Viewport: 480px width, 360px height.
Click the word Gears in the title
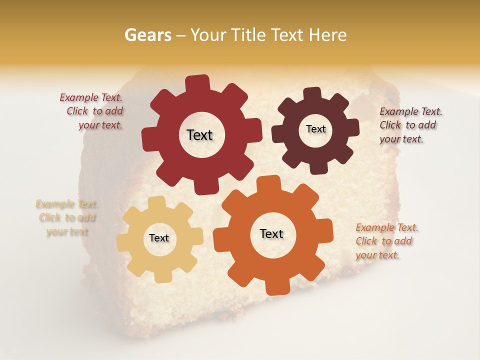coord(147,35)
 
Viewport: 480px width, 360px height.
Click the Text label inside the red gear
coord(199,135)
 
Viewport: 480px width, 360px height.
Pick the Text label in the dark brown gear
coord(315,129)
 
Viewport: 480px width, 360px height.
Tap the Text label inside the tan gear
coord(159,238)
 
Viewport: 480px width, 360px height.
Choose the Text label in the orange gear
coord(271,233)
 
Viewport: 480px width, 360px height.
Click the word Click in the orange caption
coord(366,241)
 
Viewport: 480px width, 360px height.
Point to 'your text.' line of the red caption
coord(100,125)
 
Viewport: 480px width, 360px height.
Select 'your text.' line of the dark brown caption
coord(401,139)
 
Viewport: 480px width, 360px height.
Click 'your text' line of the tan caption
coord(67,231)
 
